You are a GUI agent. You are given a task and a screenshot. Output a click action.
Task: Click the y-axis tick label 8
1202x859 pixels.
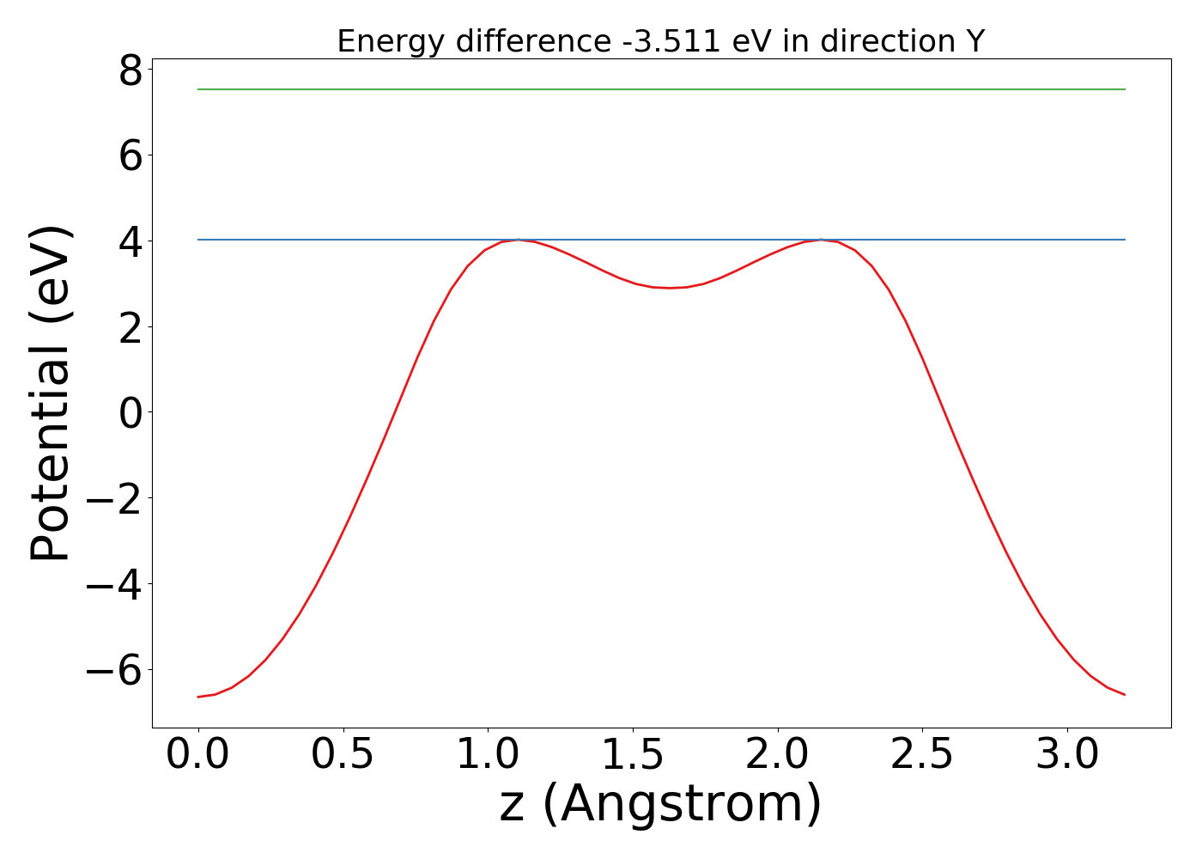pyautogui.click(x=131, y=70)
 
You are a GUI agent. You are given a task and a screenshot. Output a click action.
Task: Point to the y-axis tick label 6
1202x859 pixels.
pyautogui.click(x=131, y=155)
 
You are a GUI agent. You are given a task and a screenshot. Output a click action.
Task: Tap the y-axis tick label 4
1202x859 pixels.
pyautogui.click(x=131, y=241)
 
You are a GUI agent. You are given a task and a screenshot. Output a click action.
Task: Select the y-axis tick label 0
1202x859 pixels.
pyautogui.click(x=131, y=413)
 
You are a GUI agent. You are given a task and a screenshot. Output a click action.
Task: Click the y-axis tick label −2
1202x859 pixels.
pyautogui.click(x=117, y=499)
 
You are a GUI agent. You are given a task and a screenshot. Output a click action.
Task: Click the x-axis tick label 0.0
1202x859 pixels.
pyautogui.click(x=198, y=755)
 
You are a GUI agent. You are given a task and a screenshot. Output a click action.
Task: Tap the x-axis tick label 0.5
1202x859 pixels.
pyautogui.click(x=343, y=755)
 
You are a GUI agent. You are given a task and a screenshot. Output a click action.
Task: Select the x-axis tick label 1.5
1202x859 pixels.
pyautogui.click(x=633, y=755)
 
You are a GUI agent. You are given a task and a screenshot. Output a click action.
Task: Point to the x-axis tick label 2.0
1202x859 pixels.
pyautogui.click(x=778, y=755)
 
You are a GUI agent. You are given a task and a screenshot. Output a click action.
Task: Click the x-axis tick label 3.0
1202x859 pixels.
pyautogui.click(x=1067, y=755)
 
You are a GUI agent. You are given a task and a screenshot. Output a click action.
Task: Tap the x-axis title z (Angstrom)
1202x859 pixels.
pyautogui.click(x=660, y=805)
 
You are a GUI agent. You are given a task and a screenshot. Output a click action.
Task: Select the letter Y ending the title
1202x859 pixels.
pyautogui.click(x=975, y=41)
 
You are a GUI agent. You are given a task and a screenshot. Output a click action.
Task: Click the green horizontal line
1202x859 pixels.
pyautogui.click(x=661, y=89)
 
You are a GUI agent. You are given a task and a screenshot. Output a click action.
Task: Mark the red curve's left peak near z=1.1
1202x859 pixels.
pyautogui.click(x=518, y=240)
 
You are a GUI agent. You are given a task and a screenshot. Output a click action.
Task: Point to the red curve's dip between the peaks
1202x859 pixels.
pyautogui.click(x=671, y=288)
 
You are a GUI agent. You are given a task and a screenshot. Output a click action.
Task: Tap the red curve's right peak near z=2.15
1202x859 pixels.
pyautogui.click(x=821, y=240)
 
